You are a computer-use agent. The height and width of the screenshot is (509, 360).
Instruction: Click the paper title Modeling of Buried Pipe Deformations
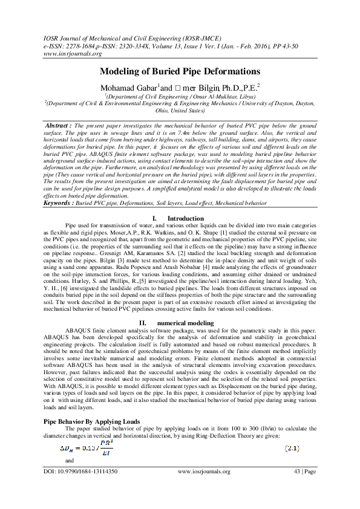[180, 71]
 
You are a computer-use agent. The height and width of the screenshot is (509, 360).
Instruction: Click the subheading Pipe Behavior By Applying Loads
[92, 420]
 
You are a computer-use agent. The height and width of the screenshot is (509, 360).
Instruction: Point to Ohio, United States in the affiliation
[180, 111]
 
